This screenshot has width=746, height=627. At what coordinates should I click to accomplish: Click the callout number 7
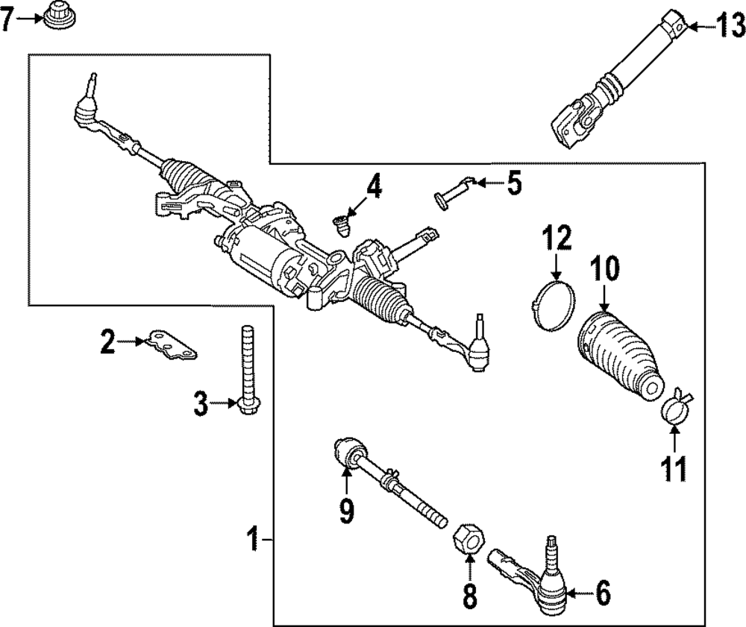7,19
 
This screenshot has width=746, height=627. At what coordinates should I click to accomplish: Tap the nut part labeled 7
60,16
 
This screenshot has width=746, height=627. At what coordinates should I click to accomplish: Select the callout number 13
731,27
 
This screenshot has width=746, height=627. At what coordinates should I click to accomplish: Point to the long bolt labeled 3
248,371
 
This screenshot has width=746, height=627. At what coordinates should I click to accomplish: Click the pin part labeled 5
454,192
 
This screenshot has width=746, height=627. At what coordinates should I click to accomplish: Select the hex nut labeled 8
468,538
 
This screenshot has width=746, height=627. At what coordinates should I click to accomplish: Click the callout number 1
254,538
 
